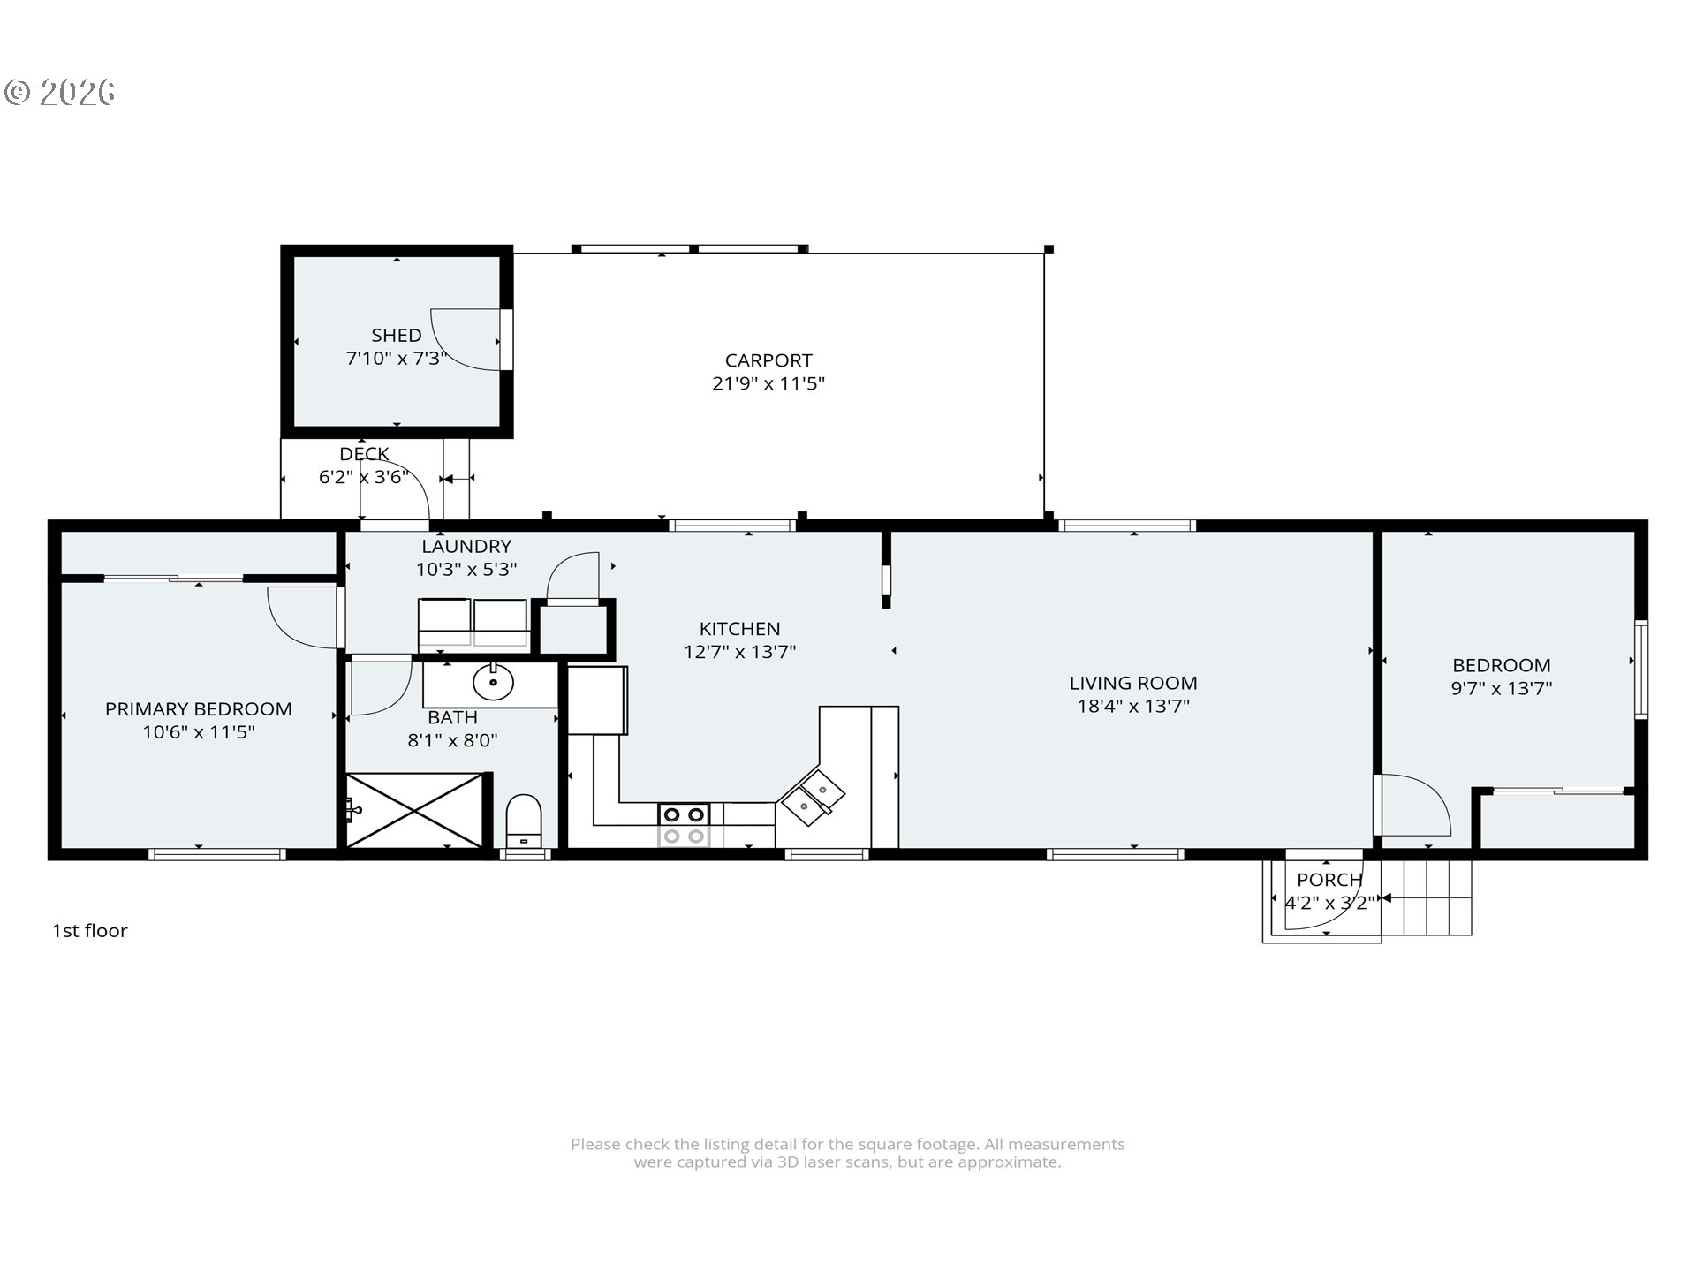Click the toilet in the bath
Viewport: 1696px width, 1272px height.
(x=524, y=821)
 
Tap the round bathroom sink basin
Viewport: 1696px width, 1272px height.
(x=493, y=682)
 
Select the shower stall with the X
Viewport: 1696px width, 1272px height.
(x=415, y=810)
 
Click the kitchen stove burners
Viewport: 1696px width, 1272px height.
(x=684, y=825)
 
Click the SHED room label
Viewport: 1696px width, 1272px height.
(x=397, y=335)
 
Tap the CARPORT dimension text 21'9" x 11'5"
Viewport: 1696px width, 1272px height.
(x=768, y=383)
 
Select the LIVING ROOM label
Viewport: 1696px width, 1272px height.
(x=1133, y=683)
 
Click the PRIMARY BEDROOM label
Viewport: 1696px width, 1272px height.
(x=199, y=708)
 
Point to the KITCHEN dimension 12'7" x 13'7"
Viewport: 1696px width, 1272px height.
(x=740, y=652)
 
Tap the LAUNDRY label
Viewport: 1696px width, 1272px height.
(x=466, y=546)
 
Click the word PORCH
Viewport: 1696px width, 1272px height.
(x=1329, y=880)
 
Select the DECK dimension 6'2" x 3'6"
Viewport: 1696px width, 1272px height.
(x=364, y=477)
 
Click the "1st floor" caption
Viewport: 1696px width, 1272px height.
(x=90, y=930)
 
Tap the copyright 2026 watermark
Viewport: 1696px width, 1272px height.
(x=60, y=93)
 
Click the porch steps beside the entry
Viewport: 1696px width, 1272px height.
(x=1427, y=897)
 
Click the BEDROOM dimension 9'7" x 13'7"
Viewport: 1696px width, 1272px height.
(x=1502, y=688)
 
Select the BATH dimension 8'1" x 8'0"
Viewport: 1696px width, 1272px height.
(x=452, y=740)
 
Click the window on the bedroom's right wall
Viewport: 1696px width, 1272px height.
(x=1641, y=669)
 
